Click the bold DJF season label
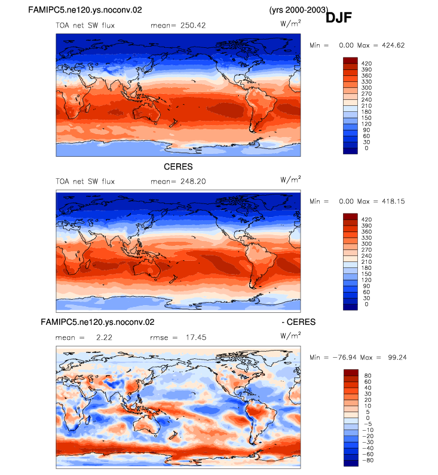[x=338, y=18]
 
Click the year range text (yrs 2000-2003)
[x=299, y=10]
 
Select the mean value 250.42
[x=193, y=26]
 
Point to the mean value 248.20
[x=193, y=181]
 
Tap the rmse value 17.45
[x=196, y=337]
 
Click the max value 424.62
[x=393, y=45]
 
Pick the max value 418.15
[x=393, y=202]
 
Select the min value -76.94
[x=344, y=358]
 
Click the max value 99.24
[x=397, y=358]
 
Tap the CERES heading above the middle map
[x=178, y=167]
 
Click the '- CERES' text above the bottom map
[x=299, y=322]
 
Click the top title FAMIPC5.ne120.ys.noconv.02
[x=85, y=10]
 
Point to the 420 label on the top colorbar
[x=366, y=63]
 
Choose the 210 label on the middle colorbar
[x=366, y=262]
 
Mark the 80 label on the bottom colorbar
[x=368, y=376]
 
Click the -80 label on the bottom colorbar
[x=368, y=461]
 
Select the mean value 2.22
[x=104, y=337]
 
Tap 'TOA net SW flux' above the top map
[x=85, y=26]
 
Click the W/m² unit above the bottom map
[x=290, y=336]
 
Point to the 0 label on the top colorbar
[x=366, y=148]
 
